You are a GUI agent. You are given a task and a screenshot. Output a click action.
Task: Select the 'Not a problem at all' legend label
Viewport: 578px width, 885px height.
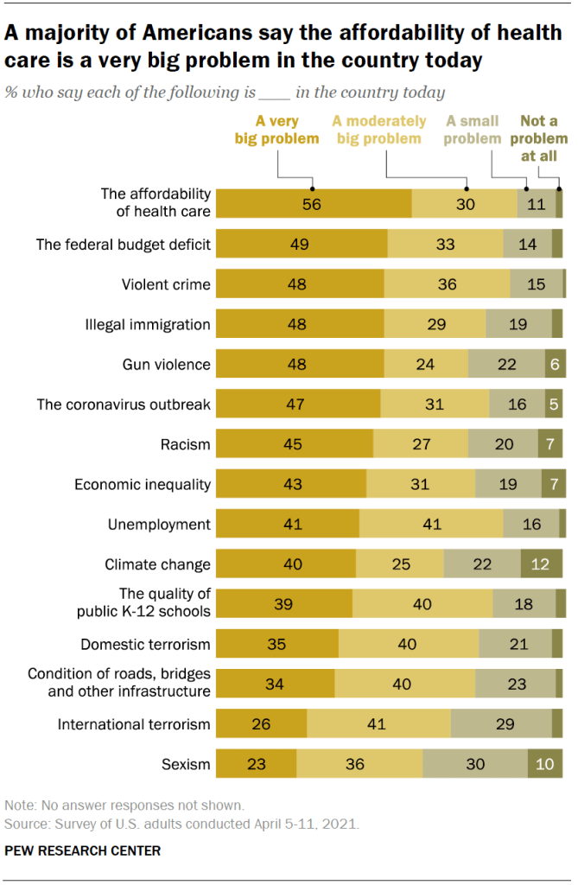click(x=543, y=137)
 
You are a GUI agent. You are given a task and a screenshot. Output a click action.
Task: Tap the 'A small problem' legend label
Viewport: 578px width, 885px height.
click(x=473, y=130)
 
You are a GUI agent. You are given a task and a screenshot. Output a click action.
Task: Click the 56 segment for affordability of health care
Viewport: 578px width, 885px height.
click(x=313, y=203)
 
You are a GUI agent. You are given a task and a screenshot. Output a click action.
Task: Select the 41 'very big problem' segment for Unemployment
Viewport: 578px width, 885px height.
click(x=287, y=524)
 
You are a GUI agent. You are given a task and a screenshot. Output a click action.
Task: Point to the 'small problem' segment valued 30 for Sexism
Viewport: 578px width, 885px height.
click(x=474, y=764)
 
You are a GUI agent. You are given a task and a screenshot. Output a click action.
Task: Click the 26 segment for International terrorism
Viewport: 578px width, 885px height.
click(x=261, y=724)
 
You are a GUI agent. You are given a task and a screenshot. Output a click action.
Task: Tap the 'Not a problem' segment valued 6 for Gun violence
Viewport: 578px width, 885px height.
click(x=555, y=364)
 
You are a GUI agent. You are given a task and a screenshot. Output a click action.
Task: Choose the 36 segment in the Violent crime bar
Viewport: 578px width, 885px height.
click(x=447, y=284)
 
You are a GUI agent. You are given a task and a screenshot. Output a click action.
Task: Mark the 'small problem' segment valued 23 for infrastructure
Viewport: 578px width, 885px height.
click(x=515, y=684)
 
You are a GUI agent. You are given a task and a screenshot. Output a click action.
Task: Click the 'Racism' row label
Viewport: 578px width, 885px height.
click(x=185, y=444)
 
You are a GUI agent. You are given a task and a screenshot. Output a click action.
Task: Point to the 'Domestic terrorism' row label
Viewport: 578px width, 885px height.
click(x=145, y=644)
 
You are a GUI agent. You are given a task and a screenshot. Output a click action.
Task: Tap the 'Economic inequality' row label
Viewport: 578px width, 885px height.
click(x=142, y=484)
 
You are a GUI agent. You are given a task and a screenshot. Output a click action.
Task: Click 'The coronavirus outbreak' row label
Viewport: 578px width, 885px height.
click(x=124, y=404)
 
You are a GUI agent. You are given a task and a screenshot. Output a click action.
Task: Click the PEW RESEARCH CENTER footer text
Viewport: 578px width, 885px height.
click(x=82, y=850)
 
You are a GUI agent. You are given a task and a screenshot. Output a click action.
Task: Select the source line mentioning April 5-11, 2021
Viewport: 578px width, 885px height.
click(x=181, y=824)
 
